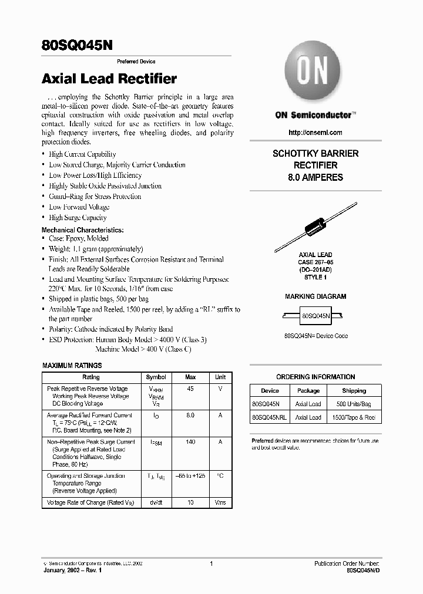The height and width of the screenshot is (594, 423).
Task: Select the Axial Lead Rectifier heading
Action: (x=109, y=79)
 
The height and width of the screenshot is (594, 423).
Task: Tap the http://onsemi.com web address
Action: (x=315, y=133)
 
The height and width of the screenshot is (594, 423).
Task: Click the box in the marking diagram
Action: (x=315, y=315)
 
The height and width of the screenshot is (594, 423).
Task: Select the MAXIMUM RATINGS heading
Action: (x=72, y=366)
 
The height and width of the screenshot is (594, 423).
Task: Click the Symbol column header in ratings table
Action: (x=156, y=377)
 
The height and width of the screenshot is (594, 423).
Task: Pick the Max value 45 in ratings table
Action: (x=190, y=389)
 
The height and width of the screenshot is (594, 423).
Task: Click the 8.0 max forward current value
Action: (x=190, y=415)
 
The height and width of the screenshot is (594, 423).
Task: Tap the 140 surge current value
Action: (x=190, y=441)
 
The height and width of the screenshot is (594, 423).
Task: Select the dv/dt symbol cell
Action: (x=156, y=503)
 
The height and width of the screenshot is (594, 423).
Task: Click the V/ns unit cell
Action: (x=220, y=503)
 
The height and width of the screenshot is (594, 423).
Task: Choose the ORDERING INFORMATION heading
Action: (x=315, y=377)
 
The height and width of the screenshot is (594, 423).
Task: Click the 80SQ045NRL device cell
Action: (x=270, y=417)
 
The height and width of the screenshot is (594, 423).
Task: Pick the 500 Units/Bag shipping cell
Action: (x=354, y=404)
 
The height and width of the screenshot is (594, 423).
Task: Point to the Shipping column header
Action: (x=354, y=390)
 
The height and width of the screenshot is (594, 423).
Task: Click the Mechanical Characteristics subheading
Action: (x=82, y=230)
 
